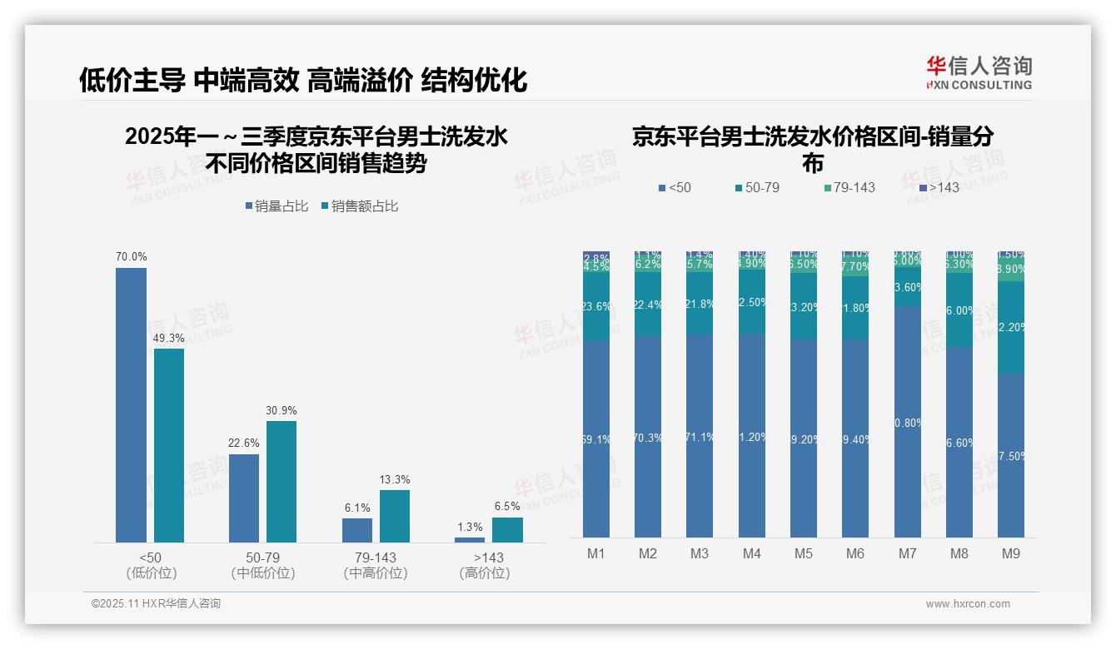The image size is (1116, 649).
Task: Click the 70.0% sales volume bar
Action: click(131, 404)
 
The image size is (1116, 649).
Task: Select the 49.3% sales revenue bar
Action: click(169, 445)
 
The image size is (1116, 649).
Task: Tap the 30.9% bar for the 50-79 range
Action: click(281, 481)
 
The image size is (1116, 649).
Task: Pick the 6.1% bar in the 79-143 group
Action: click(356, 530)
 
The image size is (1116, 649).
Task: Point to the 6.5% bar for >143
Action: click(507, 529)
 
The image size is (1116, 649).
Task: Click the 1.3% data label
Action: click(470, 528)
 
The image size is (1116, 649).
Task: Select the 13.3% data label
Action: click(395, 480)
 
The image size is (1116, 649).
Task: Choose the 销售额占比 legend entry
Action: click(359, 206)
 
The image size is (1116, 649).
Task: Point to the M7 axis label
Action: click(907, 553)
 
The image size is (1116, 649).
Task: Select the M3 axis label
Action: click(700, 553)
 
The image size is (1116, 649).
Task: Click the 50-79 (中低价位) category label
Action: click(262, 565)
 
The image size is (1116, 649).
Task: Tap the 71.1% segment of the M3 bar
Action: click(700, 436)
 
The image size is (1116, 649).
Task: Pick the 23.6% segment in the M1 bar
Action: click(596, 306)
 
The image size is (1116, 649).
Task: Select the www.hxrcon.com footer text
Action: click(967, 604)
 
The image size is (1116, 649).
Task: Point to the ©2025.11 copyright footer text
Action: click(156, 604)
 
